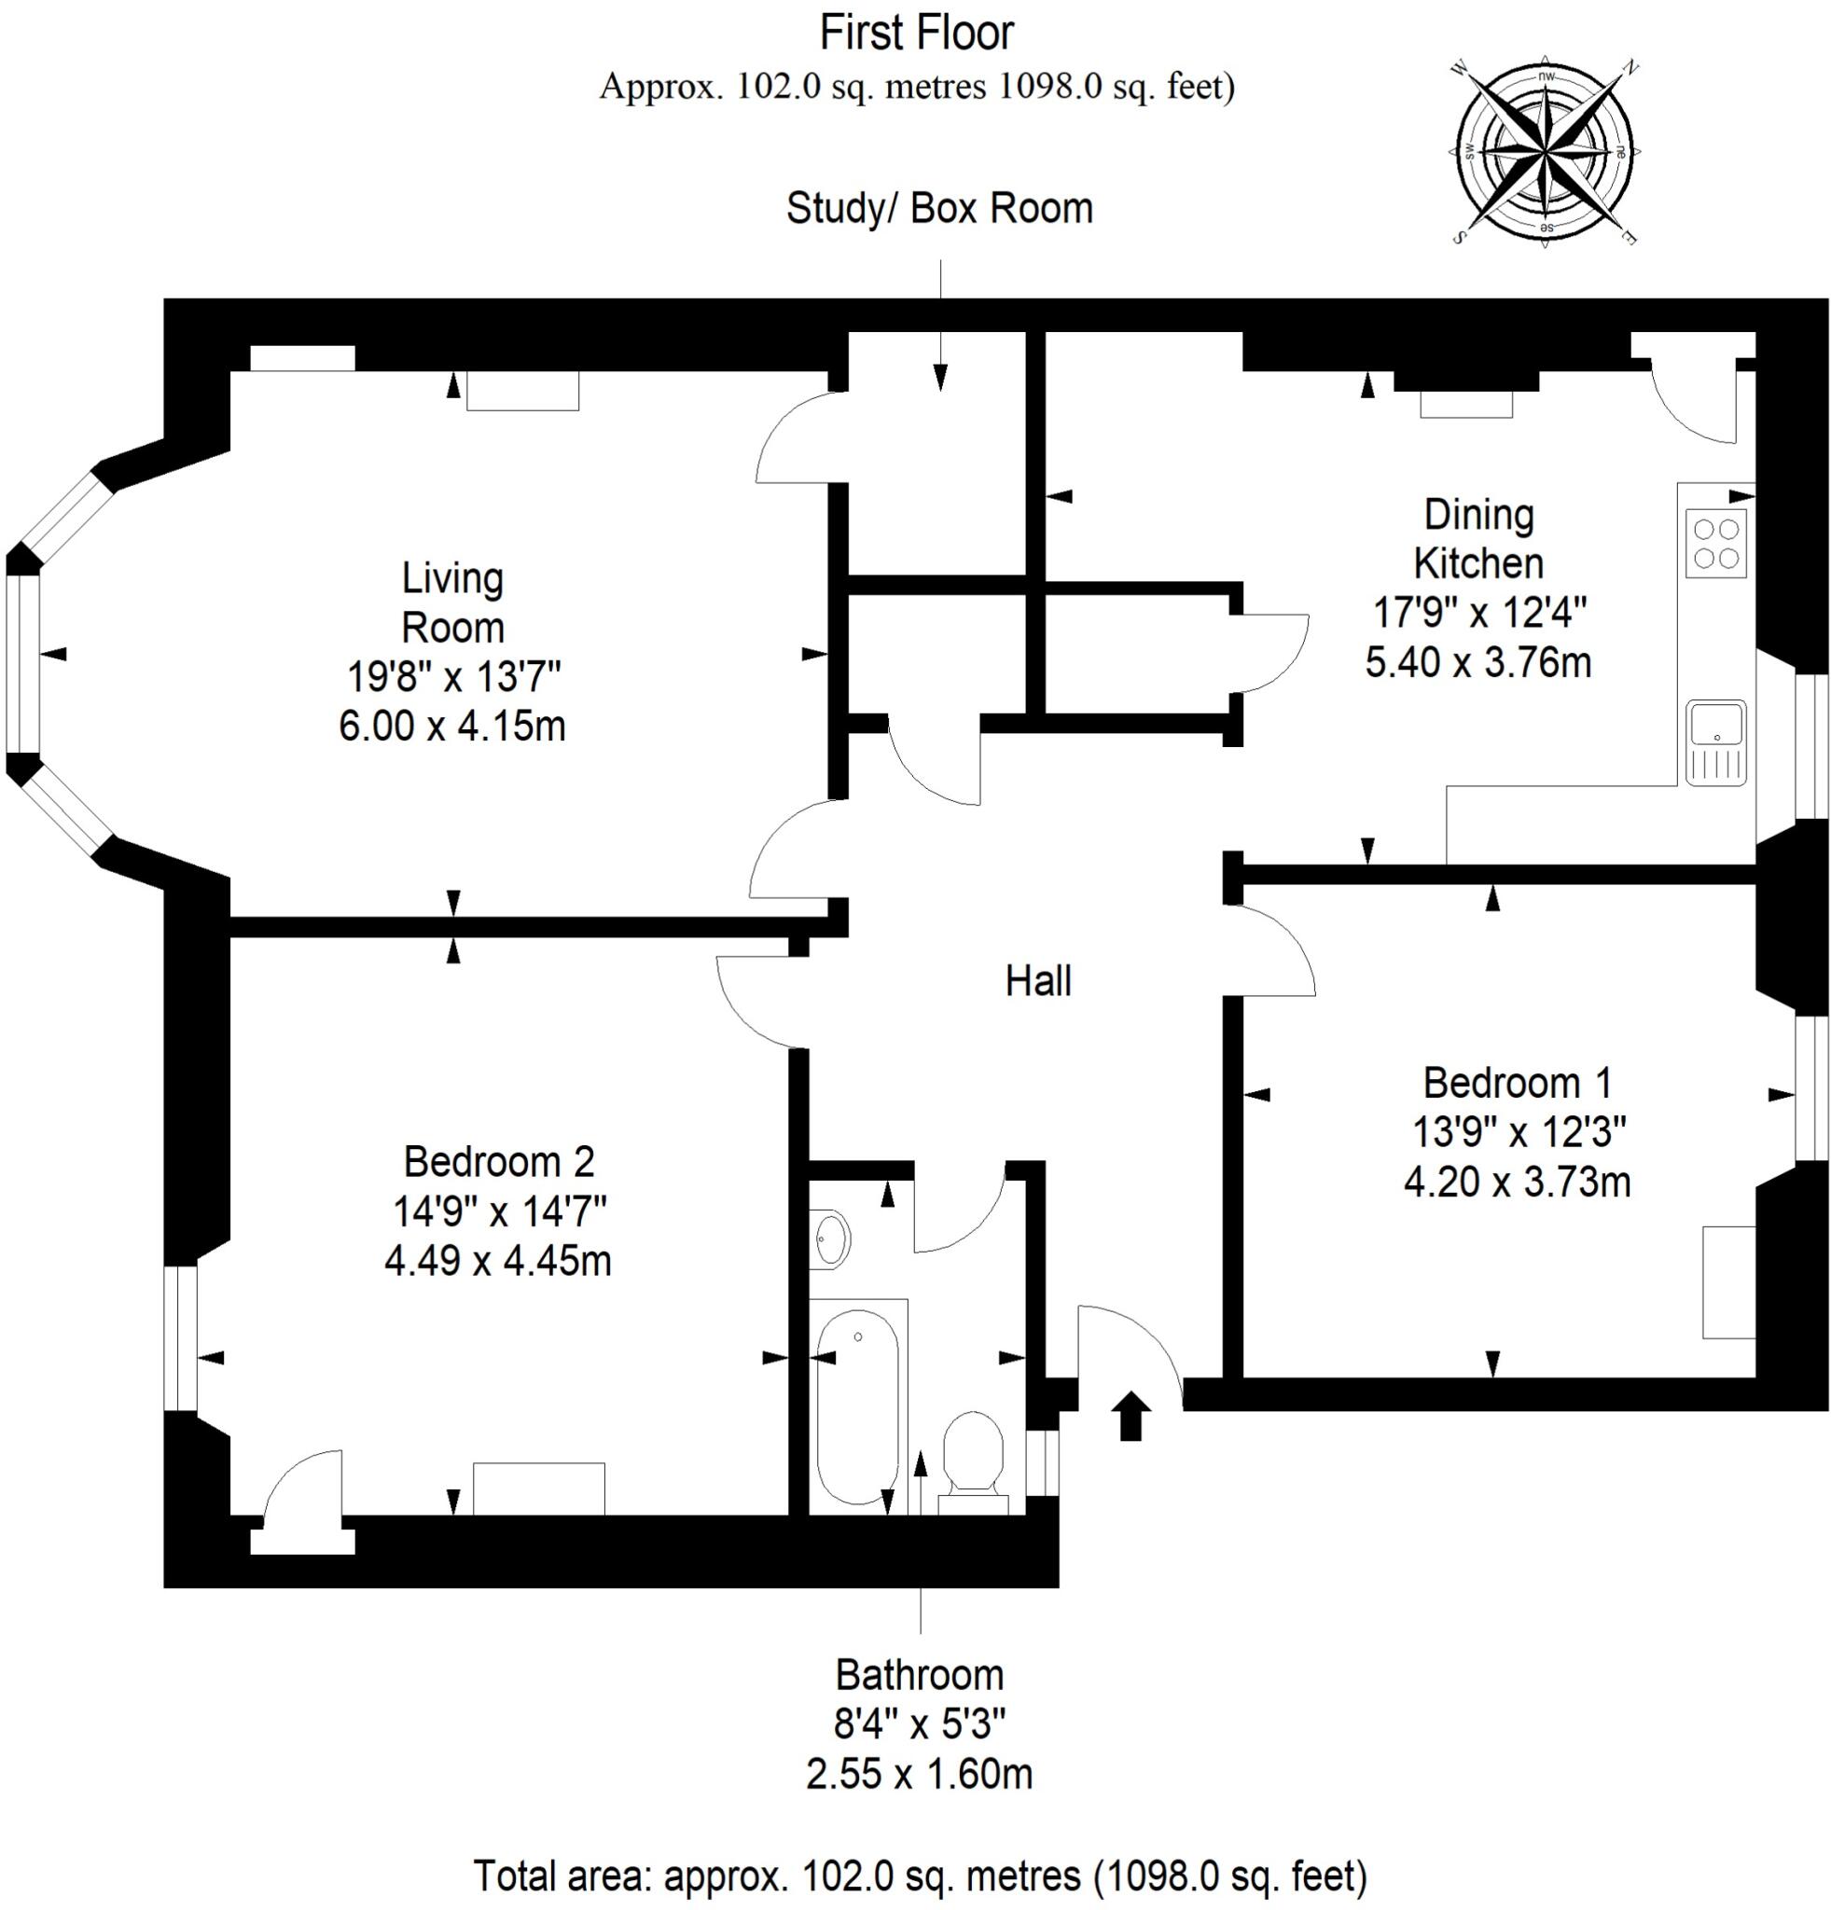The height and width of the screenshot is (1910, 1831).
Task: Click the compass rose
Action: tap(1545, 154)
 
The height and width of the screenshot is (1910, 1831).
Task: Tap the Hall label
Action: tap(1038, 981)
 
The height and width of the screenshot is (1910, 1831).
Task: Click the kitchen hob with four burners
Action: tap(1715, 544)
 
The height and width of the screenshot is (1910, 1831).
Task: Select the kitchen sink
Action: tap(1716, 742)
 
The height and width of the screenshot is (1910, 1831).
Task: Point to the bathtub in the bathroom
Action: tap(857, 1407)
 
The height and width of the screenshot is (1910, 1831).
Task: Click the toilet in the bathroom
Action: tap(974, 1454)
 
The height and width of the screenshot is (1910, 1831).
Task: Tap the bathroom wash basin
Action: tap(829, 1239)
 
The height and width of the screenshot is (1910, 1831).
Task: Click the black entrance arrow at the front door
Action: tap(1131, 1415)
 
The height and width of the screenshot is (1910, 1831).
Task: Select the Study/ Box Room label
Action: tap(939, 209)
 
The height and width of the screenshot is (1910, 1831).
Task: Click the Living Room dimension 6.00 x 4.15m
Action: tap(452, 727)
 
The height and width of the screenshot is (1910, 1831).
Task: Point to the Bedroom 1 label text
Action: tap(1517, 1083)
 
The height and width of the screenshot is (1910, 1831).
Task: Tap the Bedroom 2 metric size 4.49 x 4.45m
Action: tap(498, 1261)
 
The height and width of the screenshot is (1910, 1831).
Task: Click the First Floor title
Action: tap(916, 34)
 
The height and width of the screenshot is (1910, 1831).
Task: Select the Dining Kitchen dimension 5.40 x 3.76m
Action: tap(1477, 663)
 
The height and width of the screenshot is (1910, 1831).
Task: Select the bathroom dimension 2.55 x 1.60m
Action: tap(919, 1774)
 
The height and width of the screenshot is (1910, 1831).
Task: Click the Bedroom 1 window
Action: tap(1810, 1087)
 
